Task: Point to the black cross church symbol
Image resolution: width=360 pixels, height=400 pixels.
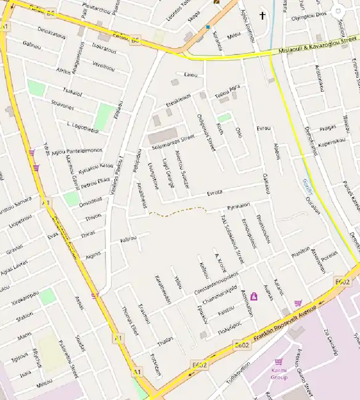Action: [263, 15]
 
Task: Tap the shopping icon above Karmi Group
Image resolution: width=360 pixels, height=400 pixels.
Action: [279, 362]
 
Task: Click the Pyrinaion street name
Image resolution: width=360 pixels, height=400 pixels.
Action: [239, 205]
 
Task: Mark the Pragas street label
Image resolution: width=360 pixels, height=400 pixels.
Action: [327, 128]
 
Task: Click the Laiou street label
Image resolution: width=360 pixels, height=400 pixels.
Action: [190, 75]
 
